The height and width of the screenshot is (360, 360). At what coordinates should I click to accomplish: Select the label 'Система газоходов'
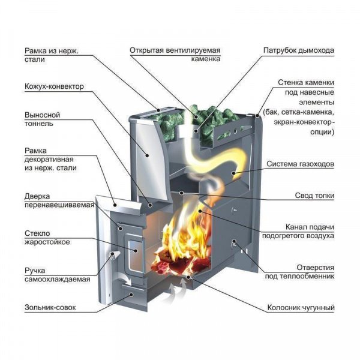pos(300,163)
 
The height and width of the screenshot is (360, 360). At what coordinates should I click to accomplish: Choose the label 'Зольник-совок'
pos(50,308)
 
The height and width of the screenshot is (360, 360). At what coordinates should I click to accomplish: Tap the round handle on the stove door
pos(113,258)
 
